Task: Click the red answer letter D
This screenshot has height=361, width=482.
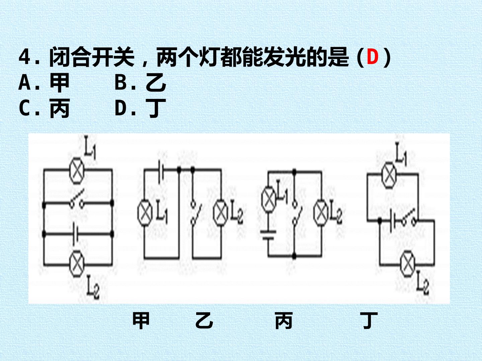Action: click(373, 56)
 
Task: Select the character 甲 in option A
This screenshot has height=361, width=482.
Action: click(60, 83)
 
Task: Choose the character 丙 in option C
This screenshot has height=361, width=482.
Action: click(60, 108)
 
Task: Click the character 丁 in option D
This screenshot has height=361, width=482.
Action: click(156, 108)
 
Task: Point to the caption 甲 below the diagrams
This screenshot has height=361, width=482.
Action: click(141, 321)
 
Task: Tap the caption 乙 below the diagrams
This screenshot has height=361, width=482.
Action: click(204, 321)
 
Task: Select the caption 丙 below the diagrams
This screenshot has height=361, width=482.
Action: click(284, 321)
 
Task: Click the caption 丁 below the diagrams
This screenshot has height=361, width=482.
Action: click(369, 321)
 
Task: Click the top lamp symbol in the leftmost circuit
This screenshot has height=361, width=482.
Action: click(77, 170)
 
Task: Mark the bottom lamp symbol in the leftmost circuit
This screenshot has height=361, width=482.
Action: click(77, 264)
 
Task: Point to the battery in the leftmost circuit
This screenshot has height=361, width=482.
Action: click(76, 234)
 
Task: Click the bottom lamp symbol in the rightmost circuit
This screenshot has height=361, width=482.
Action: click(408, 264)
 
